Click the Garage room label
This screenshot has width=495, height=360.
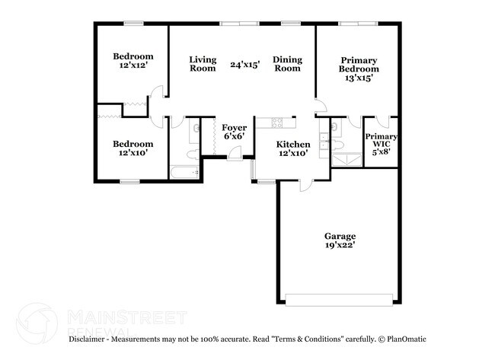point(339,236)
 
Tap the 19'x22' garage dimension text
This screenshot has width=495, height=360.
point(339,246)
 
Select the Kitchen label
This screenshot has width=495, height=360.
point(292,144)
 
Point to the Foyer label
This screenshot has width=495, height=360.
point(234,127)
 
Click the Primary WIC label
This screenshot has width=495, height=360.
point(381,140)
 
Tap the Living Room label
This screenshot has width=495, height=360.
point(203,64)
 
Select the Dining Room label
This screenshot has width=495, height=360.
point(287,64)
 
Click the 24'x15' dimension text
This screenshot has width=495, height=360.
point(245,65)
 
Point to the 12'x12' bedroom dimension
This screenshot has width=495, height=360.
point(133,66)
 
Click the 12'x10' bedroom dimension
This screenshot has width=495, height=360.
point(133,153)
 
